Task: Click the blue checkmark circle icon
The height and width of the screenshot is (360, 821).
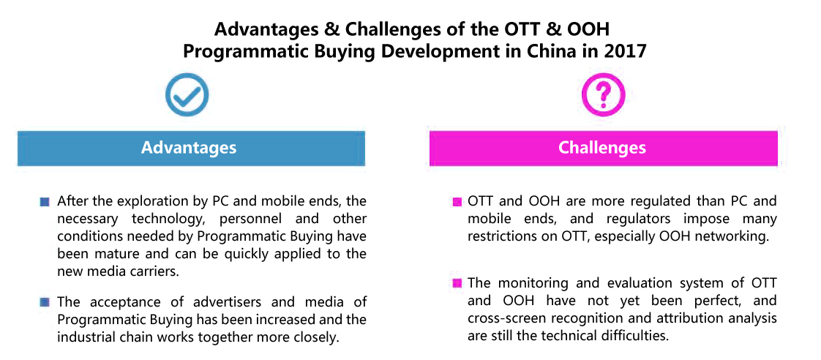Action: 187,94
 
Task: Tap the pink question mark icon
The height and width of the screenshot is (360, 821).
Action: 604,94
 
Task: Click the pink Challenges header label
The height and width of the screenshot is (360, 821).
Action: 603,148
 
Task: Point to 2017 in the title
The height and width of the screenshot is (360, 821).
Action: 627,53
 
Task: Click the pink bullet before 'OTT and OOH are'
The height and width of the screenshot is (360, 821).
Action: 457,201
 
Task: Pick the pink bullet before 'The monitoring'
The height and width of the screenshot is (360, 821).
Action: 457,284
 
